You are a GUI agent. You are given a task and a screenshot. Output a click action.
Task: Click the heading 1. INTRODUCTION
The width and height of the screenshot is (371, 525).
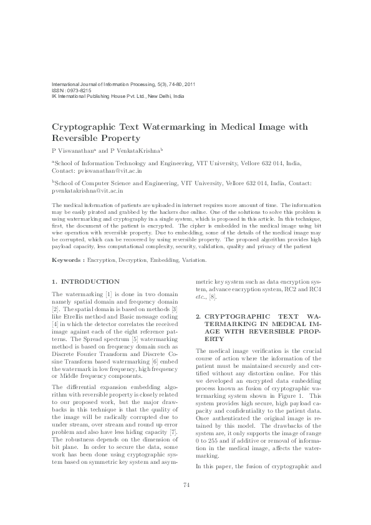[85, 282]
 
